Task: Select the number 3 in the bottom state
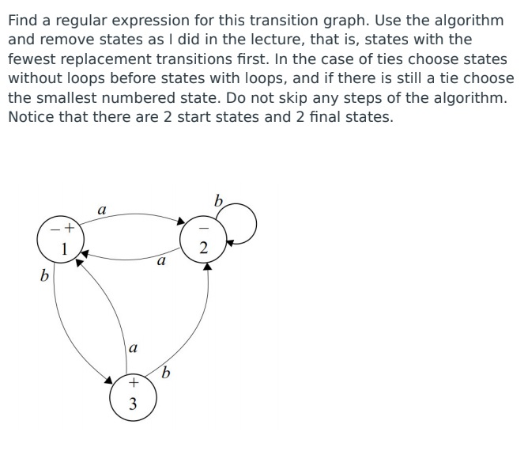pyautogui.click(x=133, y=404)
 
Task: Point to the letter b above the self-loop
pyautogui.click(x=219, y=200)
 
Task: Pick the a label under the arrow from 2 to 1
pyautogui.click(x=161, y=260)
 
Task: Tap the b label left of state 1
pyautogui.click(x=44, y=276)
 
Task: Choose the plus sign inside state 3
pyautogui.click(x=133, y=384)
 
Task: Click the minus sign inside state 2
pyautogui.click(x=204, y=229)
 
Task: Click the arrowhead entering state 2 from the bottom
pyautogui.click(x=208, y=267)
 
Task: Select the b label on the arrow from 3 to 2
pyautogui.click(x=166, y=372)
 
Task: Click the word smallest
pyautogui.click(x=59, y=97)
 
